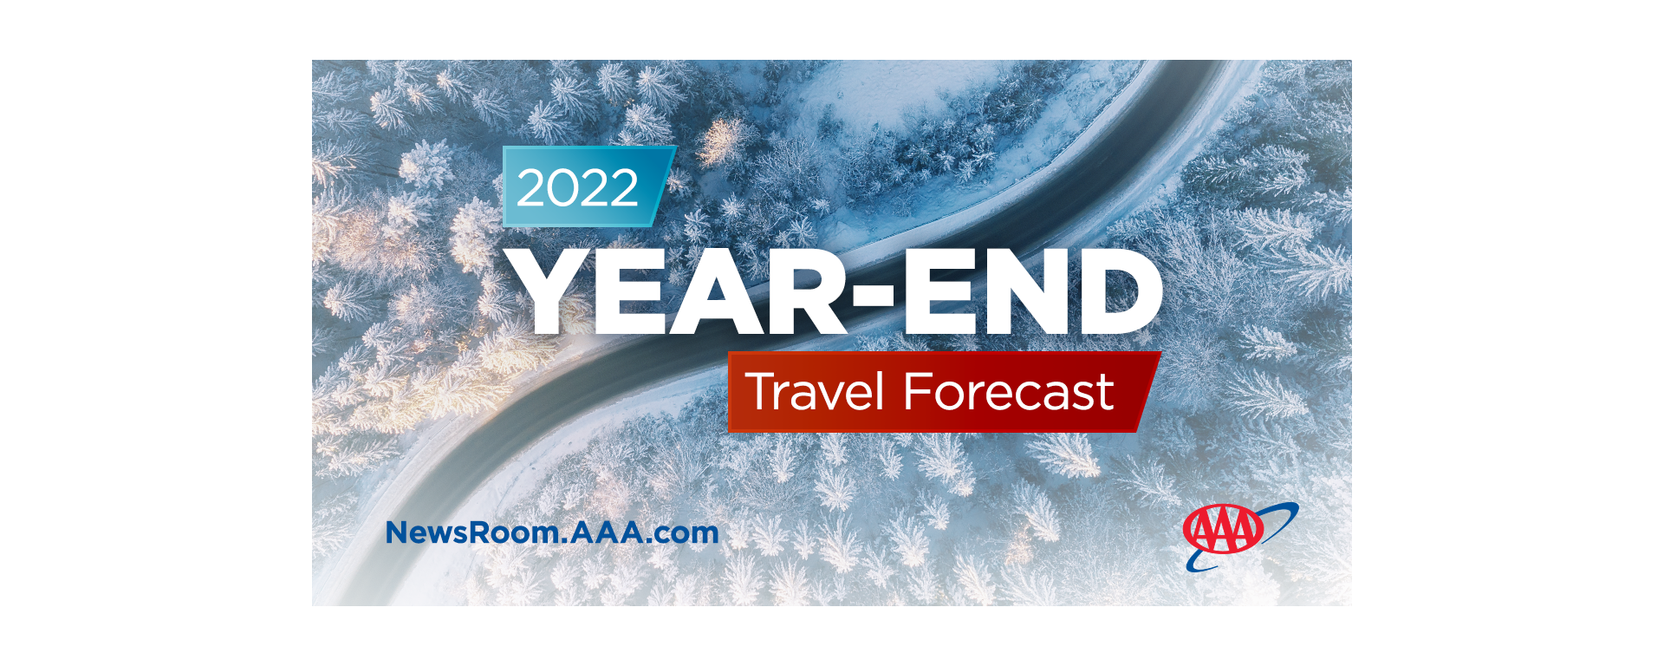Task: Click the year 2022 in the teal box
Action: tap(577, 188)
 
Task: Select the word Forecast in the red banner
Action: tap(1008, 392)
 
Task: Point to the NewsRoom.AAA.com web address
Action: tap(552, 532)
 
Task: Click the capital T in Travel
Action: tap(764, 392)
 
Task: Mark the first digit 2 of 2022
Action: tap(532, 188)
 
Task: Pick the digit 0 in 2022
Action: tap(563, 188)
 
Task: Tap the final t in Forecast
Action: tap(1104, 394)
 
